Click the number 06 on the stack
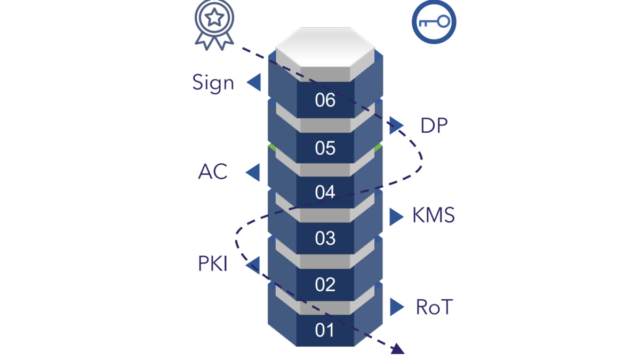pos(325,100)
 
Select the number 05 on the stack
pos(325,148)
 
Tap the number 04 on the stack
pos(325,192)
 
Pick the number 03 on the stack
pos(325,238)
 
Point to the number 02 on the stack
pos(325,284)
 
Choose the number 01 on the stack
pos(325,330)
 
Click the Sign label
pos(213,83)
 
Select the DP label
pos(434,126)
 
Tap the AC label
pos(213,172)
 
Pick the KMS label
pos(433,216)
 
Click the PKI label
pos(213,264)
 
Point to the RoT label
pos(434,307)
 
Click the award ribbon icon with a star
pos(214,24)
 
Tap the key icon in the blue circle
pos(434,22)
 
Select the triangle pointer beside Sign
pos(254,83)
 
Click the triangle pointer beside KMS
pos(396,217)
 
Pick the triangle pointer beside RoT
pos(396,307)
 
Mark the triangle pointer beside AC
pos(253,172)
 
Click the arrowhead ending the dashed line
pos(397,349)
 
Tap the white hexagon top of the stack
pos(325,46)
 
